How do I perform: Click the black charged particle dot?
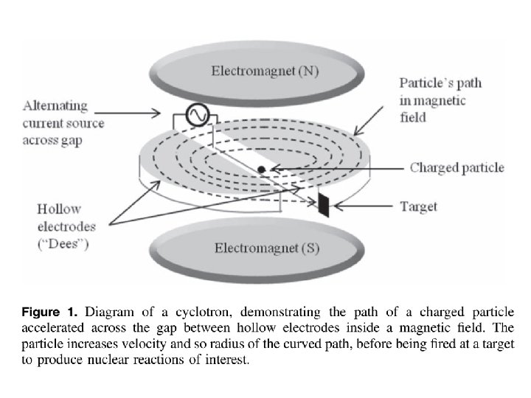[261, 170]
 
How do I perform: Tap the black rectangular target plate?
[324, 205]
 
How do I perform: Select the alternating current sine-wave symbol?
[197, 115]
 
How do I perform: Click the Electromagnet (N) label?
[265, 71]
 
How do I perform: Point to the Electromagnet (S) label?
[267, 248]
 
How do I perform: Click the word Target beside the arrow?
[419, 207]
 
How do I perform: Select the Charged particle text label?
[457, 167]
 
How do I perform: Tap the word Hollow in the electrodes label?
[59, 209]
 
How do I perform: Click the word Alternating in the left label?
[55, 106]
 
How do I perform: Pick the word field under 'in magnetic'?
[413, 117]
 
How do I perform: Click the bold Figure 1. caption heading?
[49, 312]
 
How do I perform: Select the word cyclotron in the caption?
[204, 312]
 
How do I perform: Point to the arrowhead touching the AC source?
[156, 113]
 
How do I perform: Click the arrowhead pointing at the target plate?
[338, 206]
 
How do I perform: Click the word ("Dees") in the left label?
[63, 244]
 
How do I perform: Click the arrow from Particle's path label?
[369, 121]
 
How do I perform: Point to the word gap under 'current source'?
[71, 141]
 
